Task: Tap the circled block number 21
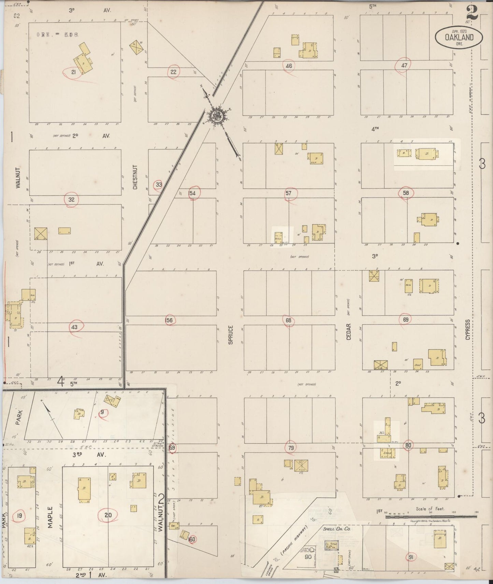click(73, 72)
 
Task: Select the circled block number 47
click(404, 65)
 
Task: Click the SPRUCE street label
click(231, 335)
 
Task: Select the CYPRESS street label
click(467, 329)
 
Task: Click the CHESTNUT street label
click(135, 177)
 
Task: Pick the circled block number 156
click(169, 320)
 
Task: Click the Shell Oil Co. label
click(337, 528)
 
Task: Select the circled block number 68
click(289, 320)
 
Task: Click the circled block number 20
click(108, 515)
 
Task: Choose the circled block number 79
click(291, 448)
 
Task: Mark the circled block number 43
click(74, 327)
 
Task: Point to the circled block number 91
click(411, 557)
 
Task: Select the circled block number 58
click(406, 193)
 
